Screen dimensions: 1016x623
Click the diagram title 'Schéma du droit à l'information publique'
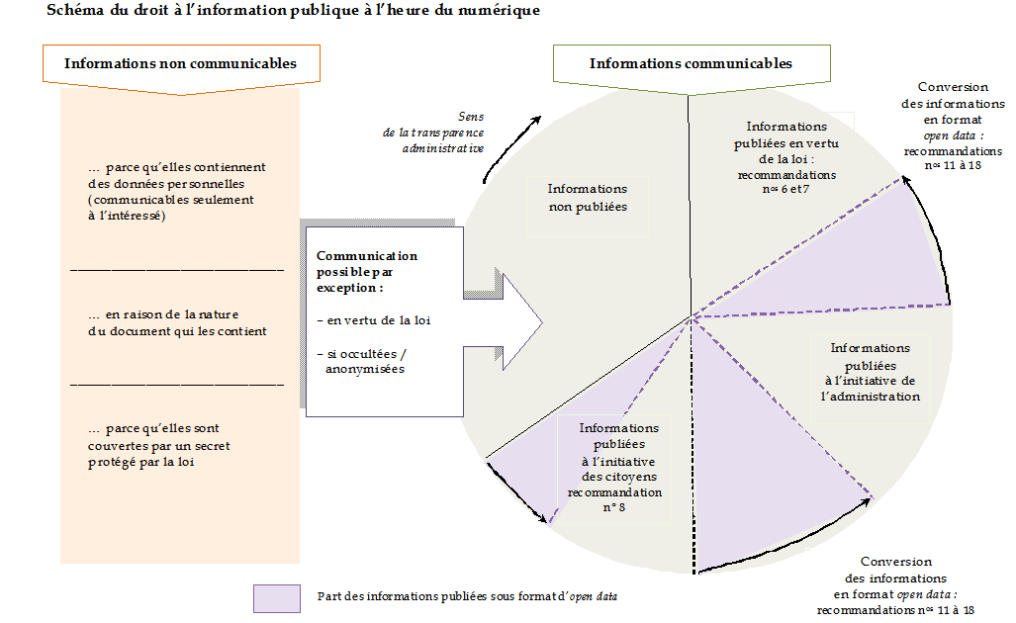click(293, 10)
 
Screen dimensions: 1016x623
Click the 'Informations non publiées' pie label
click(588, 198)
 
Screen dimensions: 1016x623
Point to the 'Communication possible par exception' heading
click(367, 271)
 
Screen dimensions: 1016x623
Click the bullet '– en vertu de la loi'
click(374, 320)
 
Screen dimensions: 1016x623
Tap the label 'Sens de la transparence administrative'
click(433, 133)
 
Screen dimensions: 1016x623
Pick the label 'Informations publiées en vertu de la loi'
click(785, 157)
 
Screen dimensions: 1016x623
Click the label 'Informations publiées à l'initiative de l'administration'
click(871, 372)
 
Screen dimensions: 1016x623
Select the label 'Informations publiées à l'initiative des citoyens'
click(615, 467)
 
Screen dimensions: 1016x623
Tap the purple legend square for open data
click(277, 598)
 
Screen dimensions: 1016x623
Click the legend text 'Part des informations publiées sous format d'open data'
click(467, 596)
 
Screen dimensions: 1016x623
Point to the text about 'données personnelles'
click(177, 191)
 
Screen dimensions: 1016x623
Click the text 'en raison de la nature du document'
click(177, 322)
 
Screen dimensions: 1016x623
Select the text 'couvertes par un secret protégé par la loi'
click(159, 445)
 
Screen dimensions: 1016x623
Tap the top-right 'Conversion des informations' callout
click(953, 126)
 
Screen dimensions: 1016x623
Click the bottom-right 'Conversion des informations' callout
click(896, 585)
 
